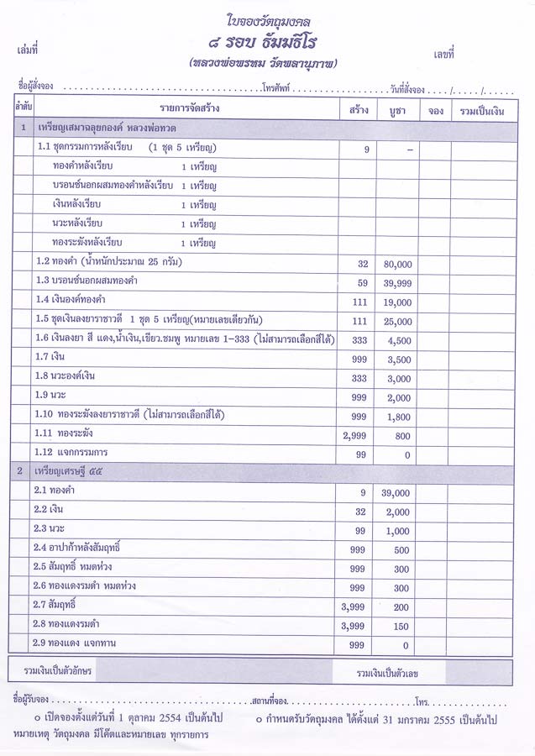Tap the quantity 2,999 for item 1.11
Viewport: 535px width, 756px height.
click(x=357, y=436)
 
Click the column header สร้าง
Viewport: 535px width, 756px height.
click(x=357, y=110)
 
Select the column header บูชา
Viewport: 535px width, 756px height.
click(x=397, y=110)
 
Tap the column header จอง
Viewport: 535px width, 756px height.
click(x=436, y=110)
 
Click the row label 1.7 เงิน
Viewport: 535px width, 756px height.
click(x=51, y=358)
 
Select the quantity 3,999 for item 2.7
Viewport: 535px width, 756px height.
click(x=357, y=607)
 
